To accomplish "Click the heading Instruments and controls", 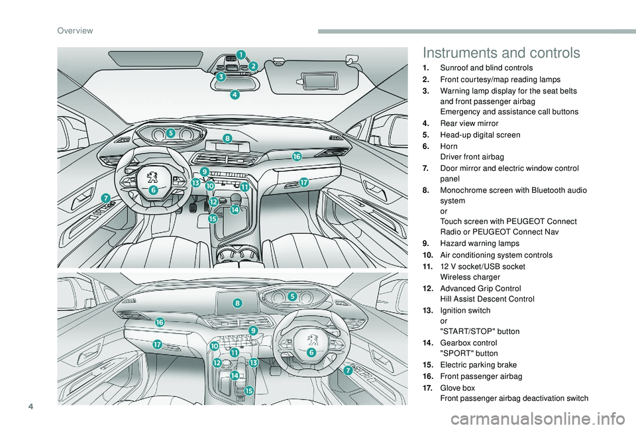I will [x=500, y=53].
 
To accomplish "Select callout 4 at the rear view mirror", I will [x=235, y=95].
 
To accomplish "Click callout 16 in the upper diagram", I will [x=297, y=156].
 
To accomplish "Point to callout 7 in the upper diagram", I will [x=105, y=197].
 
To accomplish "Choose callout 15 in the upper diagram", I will [x=213, y=218].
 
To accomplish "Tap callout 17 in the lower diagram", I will [x=157, y=345].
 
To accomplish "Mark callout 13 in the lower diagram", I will [x=253, y=362].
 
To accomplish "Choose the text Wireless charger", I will [x=464, y=276].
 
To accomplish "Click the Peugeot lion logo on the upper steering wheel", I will [x=153, y=177].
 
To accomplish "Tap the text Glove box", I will [x=456, y=387].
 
